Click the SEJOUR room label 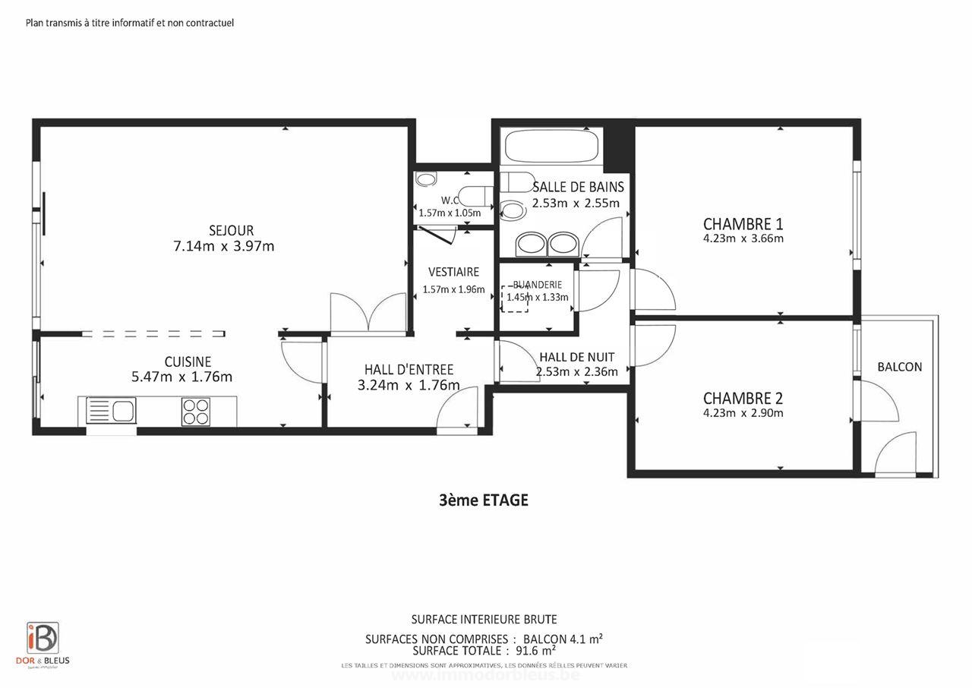pos(231,231)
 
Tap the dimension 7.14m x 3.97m pos(224,247)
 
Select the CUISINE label pos(188,362)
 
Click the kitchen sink pos(111,411)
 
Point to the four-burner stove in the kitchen pos(196,412)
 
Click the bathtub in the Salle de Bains pos(552,147)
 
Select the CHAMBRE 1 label pos(743,224)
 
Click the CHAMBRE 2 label pos(743,399)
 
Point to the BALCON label pos(900,367)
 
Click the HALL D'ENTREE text pos(409,370)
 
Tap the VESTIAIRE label pos(453,272)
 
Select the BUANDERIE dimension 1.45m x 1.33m pos(538,298)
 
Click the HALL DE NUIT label pos(576,357)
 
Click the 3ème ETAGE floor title pos(483,500)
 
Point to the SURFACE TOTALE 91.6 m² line pos(484,651)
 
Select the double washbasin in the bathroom pos(547,244)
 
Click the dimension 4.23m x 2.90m pos(743,414)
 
